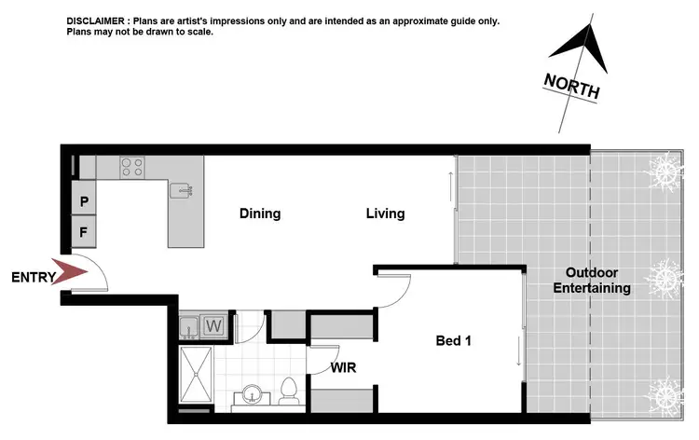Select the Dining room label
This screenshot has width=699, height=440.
[259, 213]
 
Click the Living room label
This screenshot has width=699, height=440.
[385, 213]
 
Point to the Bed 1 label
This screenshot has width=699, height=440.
[453, 341]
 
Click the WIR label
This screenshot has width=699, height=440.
[343, 367]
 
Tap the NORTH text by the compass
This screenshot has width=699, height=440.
[571, 87]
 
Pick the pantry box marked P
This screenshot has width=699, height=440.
[84, 200]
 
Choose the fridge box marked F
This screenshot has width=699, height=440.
[84, 229]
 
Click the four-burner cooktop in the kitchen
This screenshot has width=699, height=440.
[131, 168]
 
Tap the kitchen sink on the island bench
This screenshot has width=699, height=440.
[181, 191]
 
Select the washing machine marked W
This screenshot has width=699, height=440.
[213, 327]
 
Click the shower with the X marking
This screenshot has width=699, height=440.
[196, 377]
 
